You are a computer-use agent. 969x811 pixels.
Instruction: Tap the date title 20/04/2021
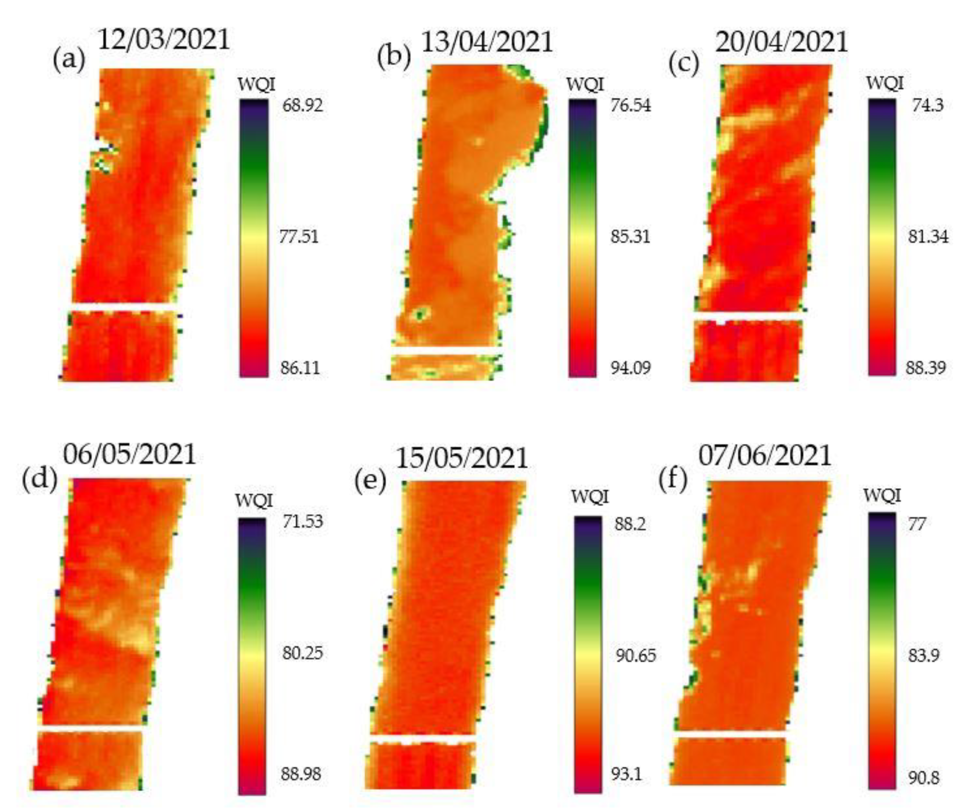coord(782,42)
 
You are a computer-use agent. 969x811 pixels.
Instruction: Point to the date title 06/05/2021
coord(130,455)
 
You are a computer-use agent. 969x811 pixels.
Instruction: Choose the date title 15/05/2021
coord(462,458)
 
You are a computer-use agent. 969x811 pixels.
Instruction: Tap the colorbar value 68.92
coord(303,106)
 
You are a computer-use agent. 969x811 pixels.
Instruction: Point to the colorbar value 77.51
coord(299,237)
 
